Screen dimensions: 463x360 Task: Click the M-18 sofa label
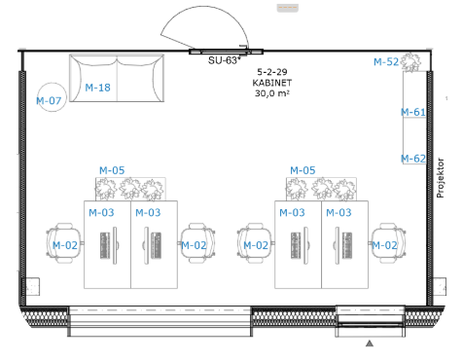pyautogui.click(x=97, y=88)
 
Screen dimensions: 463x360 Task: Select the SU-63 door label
pyautogui.click(x=225, y=60)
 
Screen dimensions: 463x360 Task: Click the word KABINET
pyautogui.click(x=272, y=83)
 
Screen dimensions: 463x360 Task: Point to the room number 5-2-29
pyautogui.click(x=272, y=72)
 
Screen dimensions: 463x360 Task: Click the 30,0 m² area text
pyautogui.click(x=272, y=93)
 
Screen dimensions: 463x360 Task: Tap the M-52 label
pyautogui.click(x=386, y=62)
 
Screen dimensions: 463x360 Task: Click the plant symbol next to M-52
pyautogui.click(x=410, y=62)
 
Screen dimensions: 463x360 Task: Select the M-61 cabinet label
pyautogui.click(x=413, y=112)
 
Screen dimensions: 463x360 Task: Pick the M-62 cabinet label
pyautogui.click(x=413, y=159)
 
